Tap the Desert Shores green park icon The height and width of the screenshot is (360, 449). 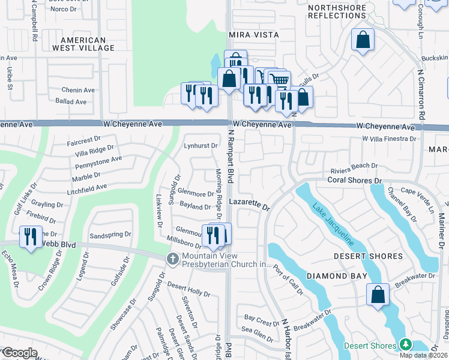(406, 345)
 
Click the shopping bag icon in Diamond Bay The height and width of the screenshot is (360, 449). (377, 295)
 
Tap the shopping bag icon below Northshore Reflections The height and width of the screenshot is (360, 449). (363, 40)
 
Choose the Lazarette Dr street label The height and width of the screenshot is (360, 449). (250, 205)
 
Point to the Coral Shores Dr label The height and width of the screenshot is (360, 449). (355, 180)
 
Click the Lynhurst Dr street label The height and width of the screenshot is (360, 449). (200, 146)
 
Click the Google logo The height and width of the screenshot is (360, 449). (20, 352)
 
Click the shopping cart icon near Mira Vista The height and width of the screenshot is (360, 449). (278, 80)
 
